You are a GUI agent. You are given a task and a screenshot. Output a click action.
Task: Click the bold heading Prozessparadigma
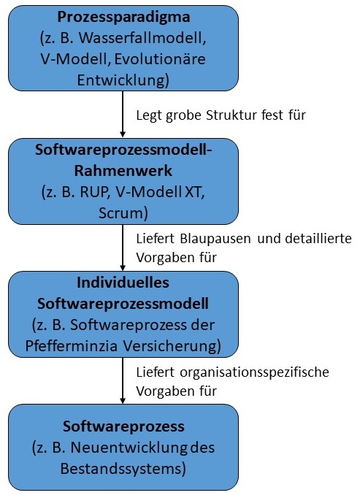[x=123, y=17]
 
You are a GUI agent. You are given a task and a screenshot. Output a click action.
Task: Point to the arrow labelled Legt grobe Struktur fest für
[x=123, y=117]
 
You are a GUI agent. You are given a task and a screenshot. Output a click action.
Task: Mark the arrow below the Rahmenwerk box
[x=123, y=248]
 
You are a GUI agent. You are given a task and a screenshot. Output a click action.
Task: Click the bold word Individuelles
[x=123, y=282]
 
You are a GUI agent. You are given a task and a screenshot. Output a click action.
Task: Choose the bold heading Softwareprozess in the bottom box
[x=123, y=426]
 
